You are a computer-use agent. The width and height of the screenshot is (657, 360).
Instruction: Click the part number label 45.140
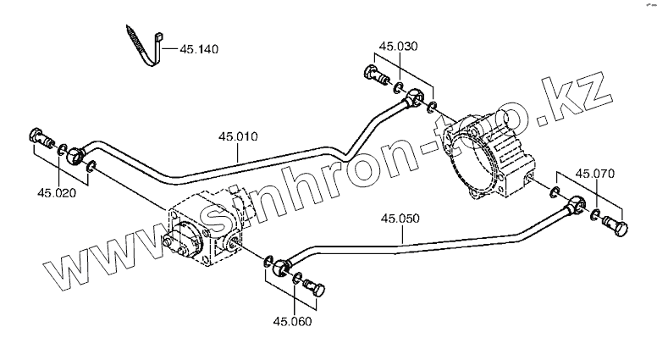(199, 50)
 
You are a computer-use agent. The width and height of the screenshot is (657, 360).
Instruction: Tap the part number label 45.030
(398, 46)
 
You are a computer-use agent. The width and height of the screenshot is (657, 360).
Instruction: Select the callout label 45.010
(238, 136)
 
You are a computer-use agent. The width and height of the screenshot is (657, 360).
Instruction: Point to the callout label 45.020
(57, 192)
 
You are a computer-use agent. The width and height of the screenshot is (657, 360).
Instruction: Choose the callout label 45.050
(399, 219)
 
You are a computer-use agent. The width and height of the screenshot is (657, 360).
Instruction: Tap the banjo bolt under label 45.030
(373, 77)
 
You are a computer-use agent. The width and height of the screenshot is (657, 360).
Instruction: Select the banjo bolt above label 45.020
(39, 136)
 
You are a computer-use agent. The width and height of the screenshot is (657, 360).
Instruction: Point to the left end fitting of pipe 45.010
(75, 153)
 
